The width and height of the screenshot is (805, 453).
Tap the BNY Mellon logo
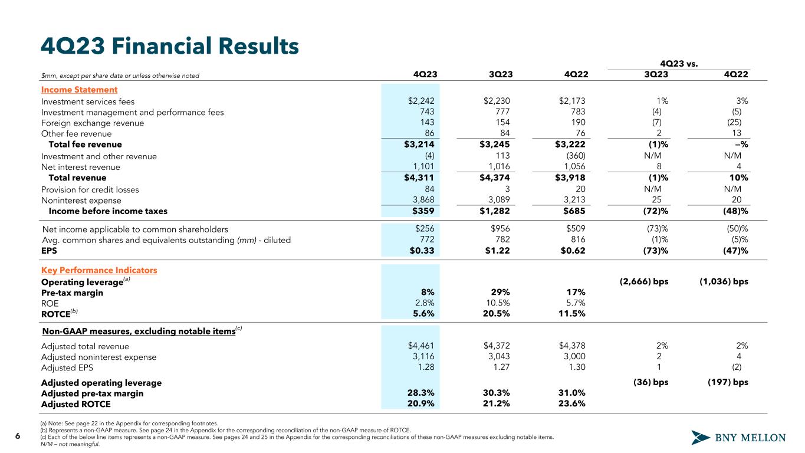pyautogui.click(x=738, y=438)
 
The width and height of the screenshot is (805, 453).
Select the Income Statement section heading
pyautogui.click(x=79, y=90)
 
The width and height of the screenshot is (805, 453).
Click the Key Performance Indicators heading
pyautogui.click(x=99, y=270)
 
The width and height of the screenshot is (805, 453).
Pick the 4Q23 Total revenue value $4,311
pyautogui.click(x=419, y=178)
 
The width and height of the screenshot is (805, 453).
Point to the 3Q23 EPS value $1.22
pyautogui.click(x=497, y=251)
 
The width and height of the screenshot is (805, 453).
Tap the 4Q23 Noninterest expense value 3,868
pyautogui.click(x=422, y=200)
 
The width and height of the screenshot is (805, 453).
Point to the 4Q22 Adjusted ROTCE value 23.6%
pyautogui.click(x=571, y=405)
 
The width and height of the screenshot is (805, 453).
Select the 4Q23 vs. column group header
pyautogui.click(x=679, y=63)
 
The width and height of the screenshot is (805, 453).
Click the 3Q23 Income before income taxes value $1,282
pyautogui.click(x=494, y=211)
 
